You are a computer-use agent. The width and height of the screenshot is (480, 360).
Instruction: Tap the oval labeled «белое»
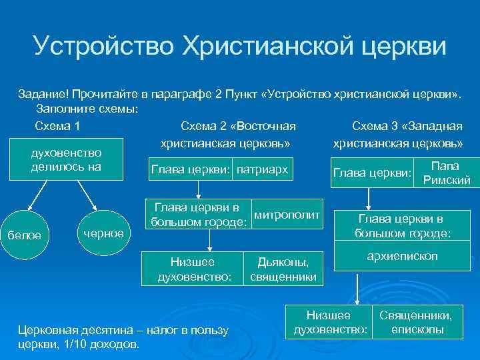29,234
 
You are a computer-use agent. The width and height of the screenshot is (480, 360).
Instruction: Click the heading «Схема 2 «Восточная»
238,126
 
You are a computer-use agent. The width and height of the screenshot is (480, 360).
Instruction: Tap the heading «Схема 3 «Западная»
407,126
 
